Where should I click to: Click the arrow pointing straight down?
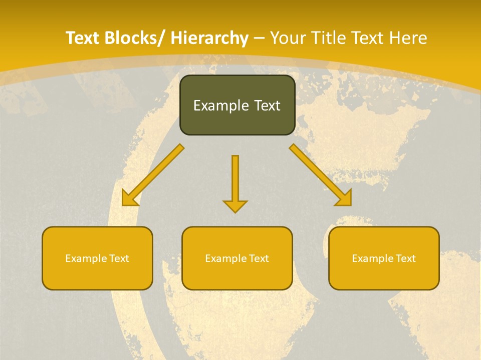[235, 180]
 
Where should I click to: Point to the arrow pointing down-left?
[153, 175]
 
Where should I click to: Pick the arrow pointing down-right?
[320, 175]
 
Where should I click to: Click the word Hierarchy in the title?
[209, 38]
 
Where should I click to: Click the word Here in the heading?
[409, 38]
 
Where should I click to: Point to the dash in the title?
[259, 38]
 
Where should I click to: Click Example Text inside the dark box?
[237, 105]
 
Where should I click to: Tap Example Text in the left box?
[97, 258]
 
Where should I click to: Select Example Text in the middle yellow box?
[237, 258]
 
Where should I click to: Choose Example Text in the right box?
[384, 258]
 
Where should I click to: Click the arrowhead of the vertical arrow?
[235, 205]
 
